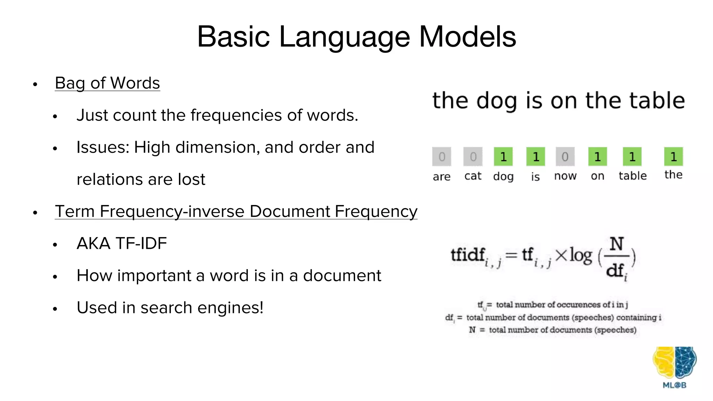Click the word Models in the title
click(467, 37)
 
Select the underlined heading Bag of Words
click(107, 83)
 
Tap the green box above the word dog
click(503, 157)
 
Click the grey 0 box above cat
click(473, 157)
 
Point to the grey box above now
click(565, 157)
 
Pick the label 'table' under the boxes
click(632, 176)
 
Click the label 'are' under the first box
click(441, 177)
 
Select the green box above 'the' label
click(673, 157)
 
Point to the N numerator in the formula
click(617, 244)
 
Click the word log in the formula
click(580, 256)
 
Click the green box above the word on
click(597, 157)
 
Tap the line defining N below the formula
click(553, 330)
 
